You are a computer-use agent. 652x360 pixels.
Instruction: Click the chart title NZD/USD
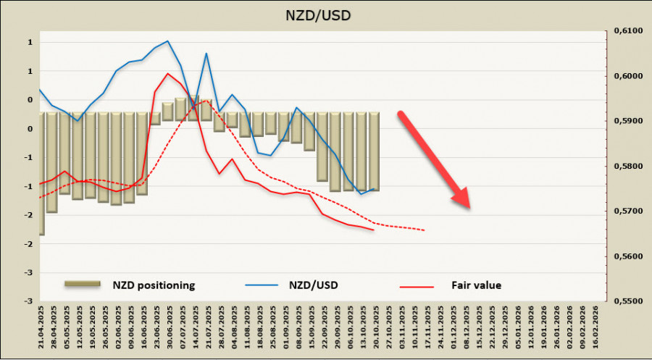pyautogui.click(x=325, y=14)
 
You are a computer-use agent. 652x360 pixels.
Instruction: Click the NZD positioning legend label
pyautogui.click(x=153, y=285)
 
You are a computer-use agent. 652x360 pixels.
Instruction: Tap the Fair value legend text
pyautogui.click(x=476, y=285)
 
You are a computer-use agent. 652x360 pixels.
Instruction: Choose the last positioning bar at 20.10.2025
pyautogui.click(x=375, y=151)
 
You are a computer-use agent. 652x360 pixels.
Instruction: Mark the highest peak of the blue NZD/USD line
pyautogui.click(x=167, y=41)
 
